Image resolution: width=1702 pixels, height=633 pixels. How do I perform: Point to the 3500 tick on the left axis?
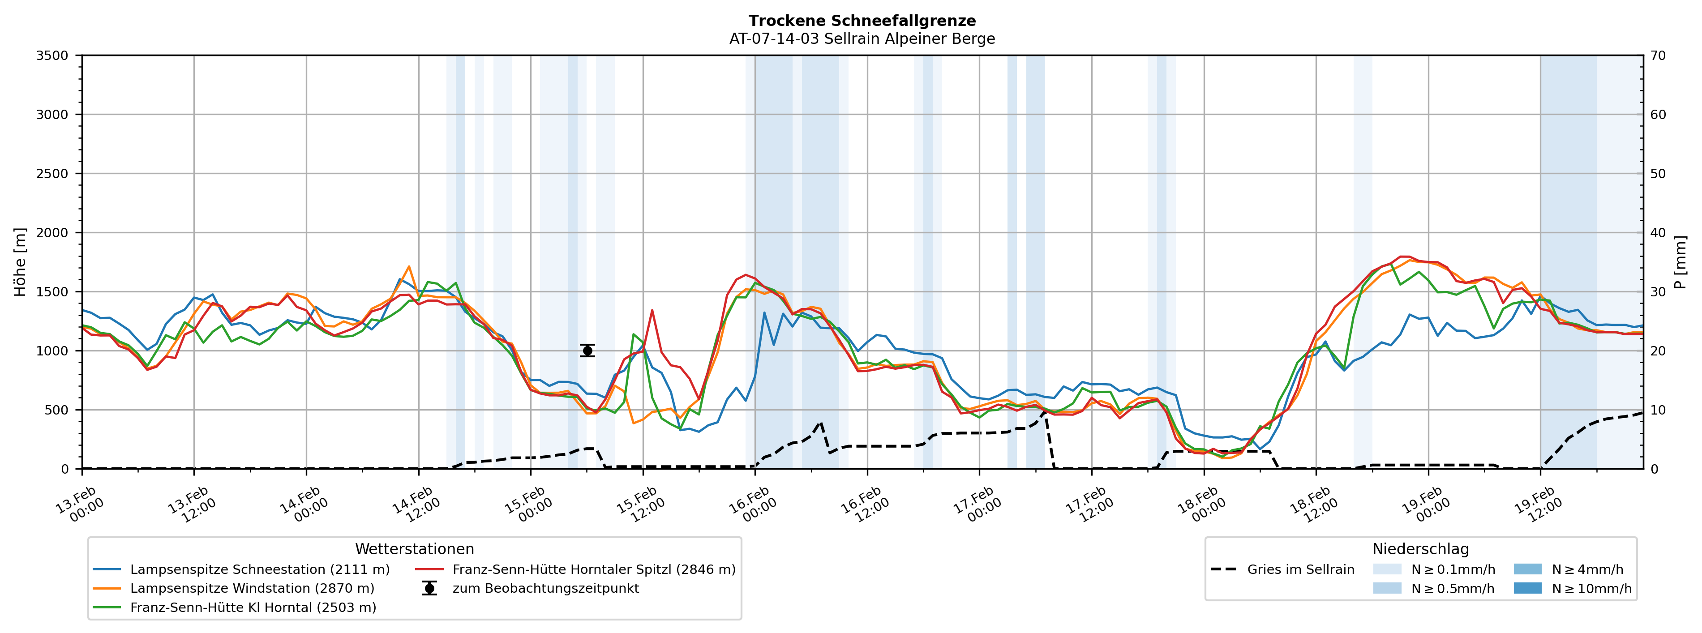click(52, 56)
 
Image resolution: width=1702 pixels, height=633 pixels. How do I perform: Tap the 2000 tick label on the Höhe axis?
click(52, 233)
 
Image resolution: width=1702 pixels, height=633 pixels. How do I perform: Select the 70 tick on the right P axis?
click(1658, 56)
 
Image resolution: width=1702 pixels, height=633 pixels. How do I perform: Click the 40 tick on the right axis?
click(1658, 233)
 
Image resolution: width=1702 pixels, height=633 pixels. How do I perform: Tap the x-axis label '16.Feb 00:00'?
click(753, 505)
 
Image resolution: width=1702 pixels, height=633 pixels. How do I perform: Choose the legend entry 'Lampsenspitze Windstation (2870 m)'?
click(252, 588)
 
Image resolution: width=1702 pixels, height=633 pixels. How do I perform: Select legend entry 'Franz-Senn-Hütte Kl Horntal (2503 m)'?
click(253, 607)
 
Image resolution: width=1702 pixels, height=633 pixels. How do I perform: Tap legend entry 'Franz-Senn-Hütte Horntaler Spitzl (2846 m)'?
click(593, 569)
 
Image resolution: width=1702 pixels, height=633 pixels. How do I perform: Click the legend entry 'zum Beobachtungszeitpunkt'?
click(545, 588)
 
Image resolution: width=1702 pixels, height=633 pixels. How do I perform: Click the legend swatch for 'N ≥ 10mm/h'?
click(1527, 588)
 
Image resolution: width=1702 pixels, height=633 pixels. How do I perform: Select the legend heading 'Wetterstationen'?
click(414, 549)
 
